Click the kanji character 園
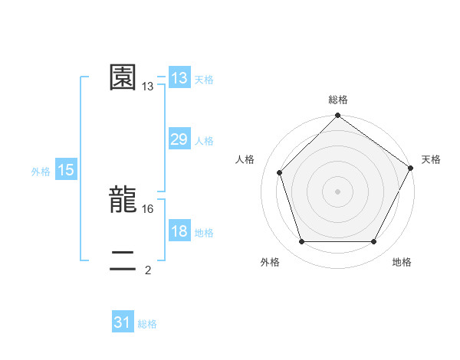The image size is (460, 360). (x=123, y=77)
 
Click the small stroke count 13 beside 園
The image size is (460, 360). (x=148, y=87)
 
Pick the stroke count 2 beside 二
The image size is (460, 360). (x=148, y=270)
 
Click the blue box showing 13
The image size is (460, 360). (x=179, y=78)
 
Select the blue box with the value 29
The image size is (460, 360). (x=179, y=139)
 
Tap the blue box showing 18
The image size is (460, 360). (x=179, y=231)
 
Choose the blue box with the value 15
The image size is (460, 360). (x=66, y=170)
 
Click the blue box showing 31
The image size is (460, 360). (x=122, y=322)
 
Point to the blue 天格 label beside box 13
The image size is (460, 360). (x=204, y=80)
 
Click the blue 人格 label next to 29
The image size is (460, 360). (x=204, y=141)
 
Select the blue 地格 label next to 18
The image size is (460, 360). (x=204, y=233)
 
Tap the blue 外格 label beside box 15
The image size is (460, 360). (x=41, y=172)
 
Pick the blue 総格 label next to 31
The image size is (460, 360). (x=147, y=324)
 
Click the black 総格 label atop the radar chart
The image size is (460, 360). (x=338, y=100)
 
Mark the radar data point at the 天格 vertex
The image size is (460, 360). (x=411, y=168)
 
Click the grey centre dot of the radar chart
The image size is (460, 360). (x=338, y=191)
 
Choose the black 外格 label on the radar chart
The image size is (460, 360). (x=270, y=262)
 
